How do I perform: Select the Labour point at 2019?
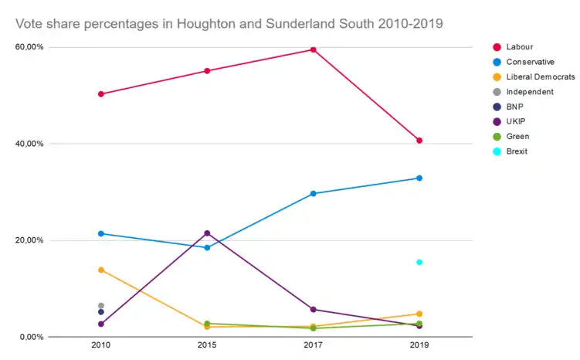(419, 141)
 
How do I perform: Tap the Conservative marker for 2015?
(207, 247)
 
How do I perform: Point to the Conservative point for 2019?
(419, 178)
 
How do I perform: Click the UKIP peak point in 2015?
(207, 233)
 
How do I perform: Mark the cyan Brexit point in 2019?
(419, 262)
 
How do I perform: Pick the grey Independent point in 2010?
(101, 306)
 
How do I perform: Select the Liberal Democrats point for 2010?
(101, 270)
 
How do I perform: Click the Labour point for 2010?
(101, 94)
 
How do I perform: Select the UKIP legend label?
(517, 121)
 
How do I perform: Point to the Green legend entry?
(517, 136)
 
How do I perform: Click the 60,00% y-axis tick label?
(30, 47)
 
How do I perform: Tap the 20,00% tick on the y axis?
(30, 240)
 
